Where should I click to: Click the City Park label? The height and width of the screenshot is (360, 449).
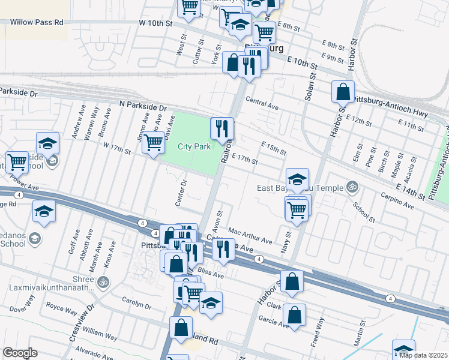(x=194, y=147)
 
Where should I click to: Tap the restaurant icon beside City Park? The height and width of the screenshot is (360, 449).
(x=221, y=128)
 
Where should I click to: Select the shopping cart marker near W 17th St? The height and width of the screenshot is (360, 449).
(x=154, y=143)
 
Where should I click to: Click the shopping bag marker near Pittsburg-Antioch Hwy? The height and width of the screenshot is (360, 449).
(x=343, y=92)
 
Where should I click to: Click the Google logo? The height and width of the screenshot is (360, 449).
(x=20, y=353)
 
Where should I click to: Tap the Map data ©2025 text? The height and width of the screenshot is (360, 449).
(x=423, y=355)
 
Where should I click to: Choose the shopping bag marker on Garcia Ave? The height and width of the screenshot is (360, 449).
(x=294, y=314)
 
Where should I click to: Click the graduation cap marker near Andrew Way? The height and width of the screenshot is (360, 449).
(x=47, y=143)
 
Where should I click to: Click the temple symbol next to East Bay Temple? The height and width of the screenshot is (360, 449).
(x=352, y=187)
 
